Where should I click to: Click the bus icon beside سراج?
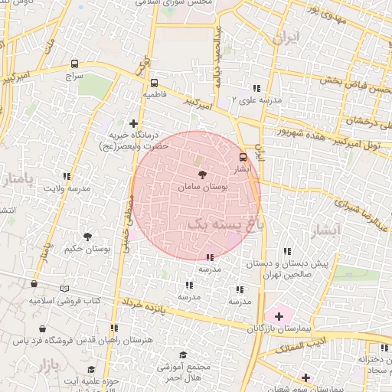click(x=74, y=64)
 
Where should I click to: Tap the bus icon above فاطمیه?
click(x=154, y=82)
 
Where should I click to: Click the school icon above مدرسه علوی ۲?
click(x=256, y=88)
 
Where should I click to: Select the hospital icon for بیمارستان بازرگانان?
click(x=279, y=315)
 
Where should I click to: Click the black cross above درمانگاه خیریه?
click(x=134, y=122)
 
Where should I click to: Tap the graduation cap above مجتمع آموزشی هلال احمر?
click(x=182, y=354)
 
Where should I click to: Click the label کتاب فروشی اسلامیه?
click(x=66, y=300)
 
